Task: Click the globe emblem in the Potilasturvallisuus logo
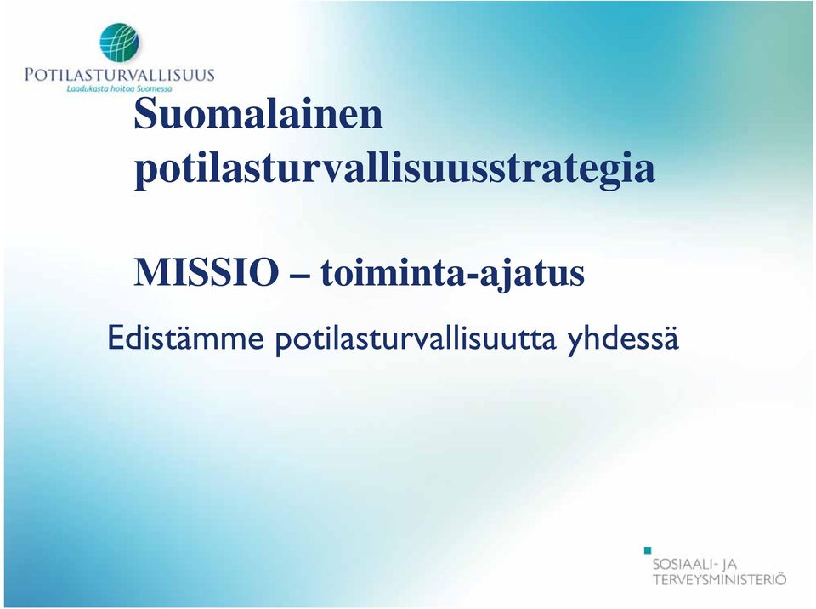pos(120,43)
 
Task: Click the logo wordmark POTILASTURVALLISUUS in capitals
pos(119,75)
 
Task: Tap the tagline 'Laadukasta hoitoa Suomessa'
pos(119,89)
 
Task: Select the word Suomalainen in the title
pos(258,114)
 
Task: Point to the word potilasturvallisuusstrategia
pos(394,169)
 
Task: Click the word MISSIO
pos(206,272)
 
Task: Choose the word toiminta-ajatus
pos(452,274)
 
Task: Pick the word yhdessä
pos(623,339)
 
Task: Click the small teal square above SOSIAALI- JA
pos(648,550)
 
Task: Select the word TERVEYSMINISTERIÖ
pos(719,578)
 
